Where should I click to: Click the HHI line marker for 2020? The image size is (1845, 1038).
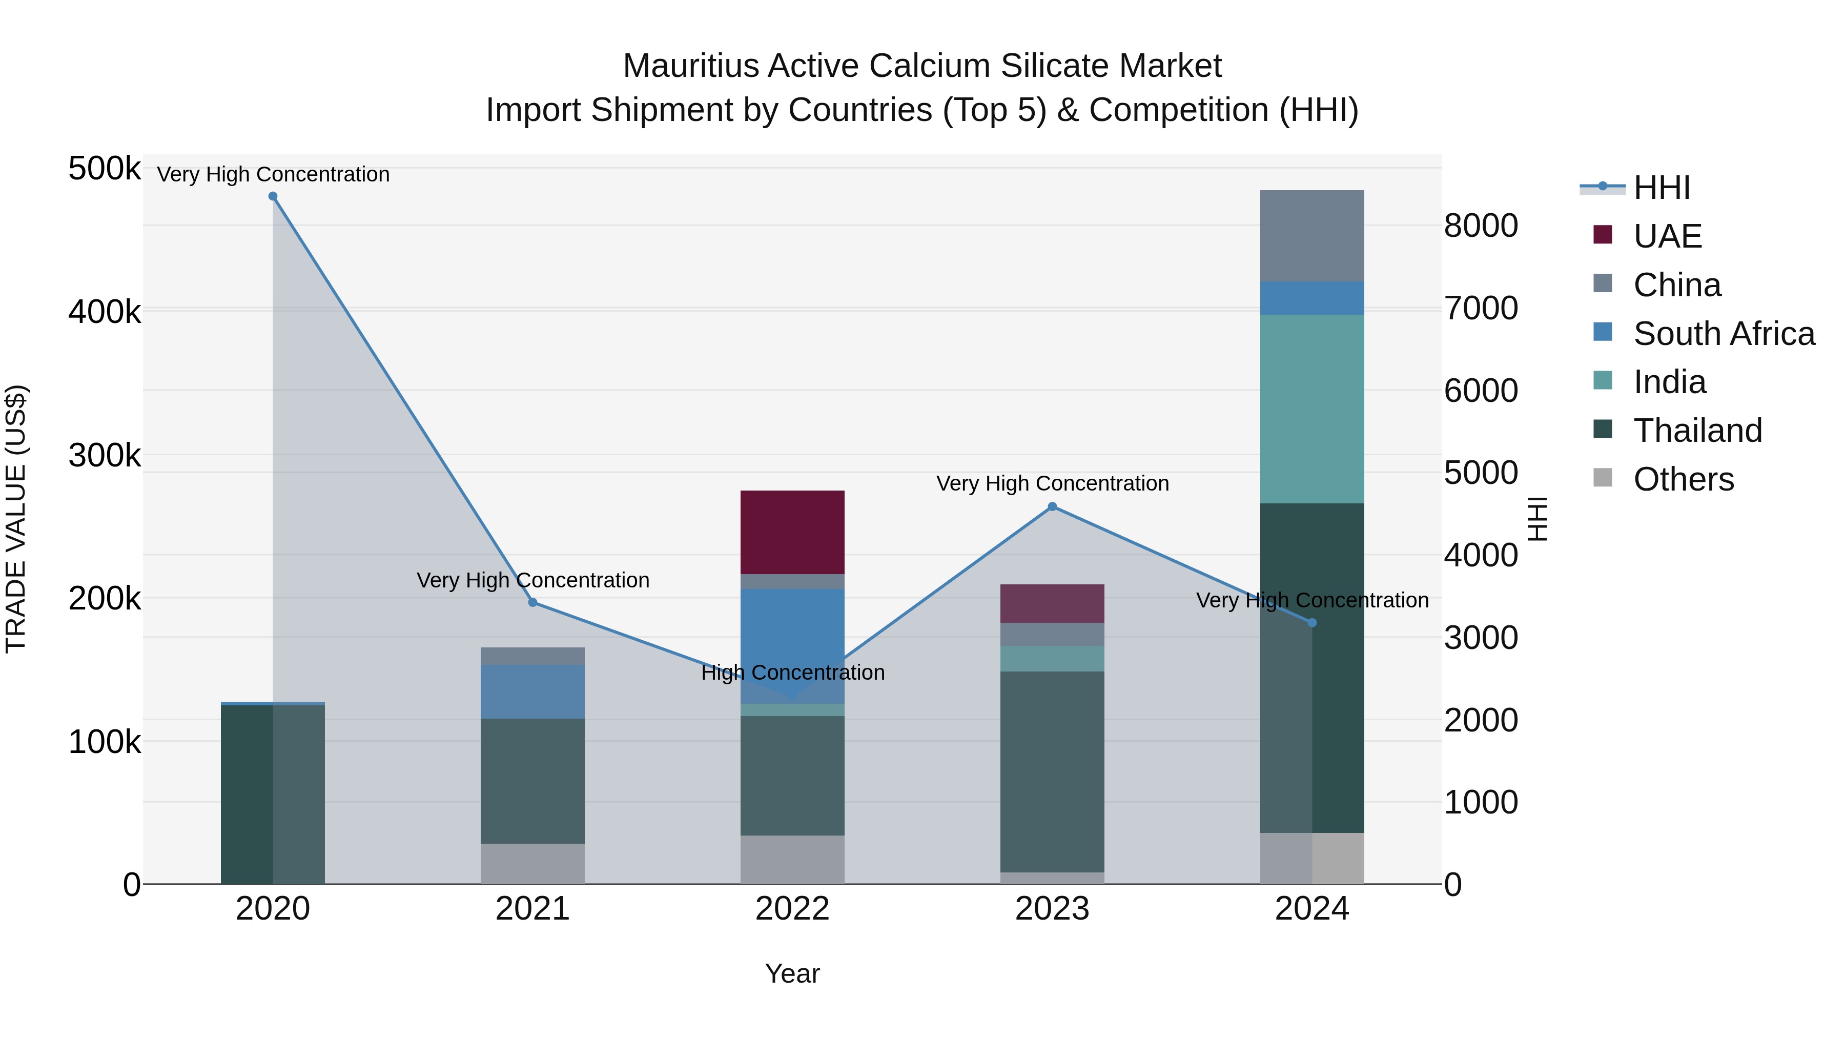coord(273,196)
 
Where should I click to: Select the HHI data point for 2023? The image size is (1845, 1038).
coord(1052,506)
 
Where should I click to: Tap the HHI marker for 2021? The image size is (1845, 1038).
coord(533,602)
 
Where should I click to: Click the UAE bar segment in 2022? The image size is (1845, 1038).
coord(792,532)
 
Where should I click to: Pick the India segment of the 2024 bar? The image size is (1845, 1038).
coord(1311,409)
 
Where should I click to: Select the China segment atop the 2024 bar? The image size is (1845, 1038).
coord(1311,236)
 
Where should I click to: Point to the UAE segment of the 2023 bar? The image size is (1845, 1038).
coord(1052,603)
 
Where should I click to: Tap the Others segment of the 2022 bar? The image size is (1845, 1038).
coord(792,859)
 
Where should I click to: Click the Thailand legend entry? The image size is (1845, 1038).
coord(1697,431)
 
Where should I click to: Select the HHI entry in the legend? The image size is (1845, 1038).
coord(1662,188)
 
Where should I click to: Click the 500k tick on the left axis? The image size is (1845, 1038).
coord(105,169)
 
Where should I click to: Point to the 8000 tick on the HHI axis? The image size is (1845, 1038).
coord(1481,226)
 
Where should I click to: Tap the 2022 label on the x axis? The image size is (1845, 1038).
coord(792,909)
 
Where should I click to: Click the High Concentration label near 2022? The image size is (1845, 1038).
coord(793,673)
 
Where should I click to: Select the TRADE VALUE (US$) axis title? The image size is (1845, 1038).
coord(16,519)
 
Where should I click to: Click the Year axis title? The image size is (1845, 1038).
coord(792,973)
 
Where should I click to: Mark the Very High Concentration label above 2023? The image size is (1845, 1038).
coord(1052,483)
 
